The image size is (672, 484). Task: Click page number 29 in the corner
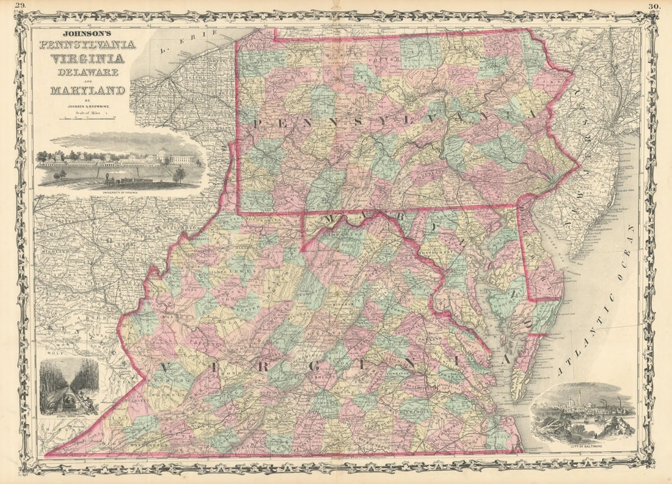click(20, 6)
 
